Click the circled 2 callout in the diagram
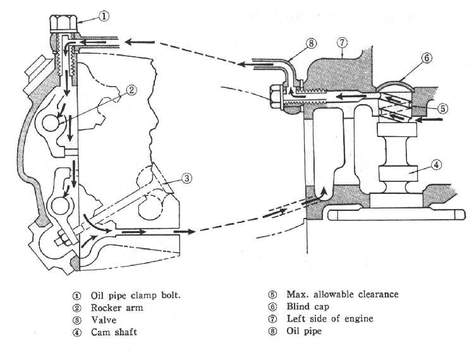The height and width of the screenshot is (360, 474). tap(131, 89)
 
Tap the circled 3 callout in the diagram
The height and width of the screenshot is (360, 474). tap(186, 178)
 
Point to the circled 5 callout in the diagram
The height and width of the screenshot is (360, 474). tap(443, 108)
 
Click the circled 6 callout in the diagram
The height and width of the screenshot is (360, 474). tap(427, 58)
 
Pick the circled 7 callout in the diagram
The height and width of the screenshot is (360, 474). tap(342, 42)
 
